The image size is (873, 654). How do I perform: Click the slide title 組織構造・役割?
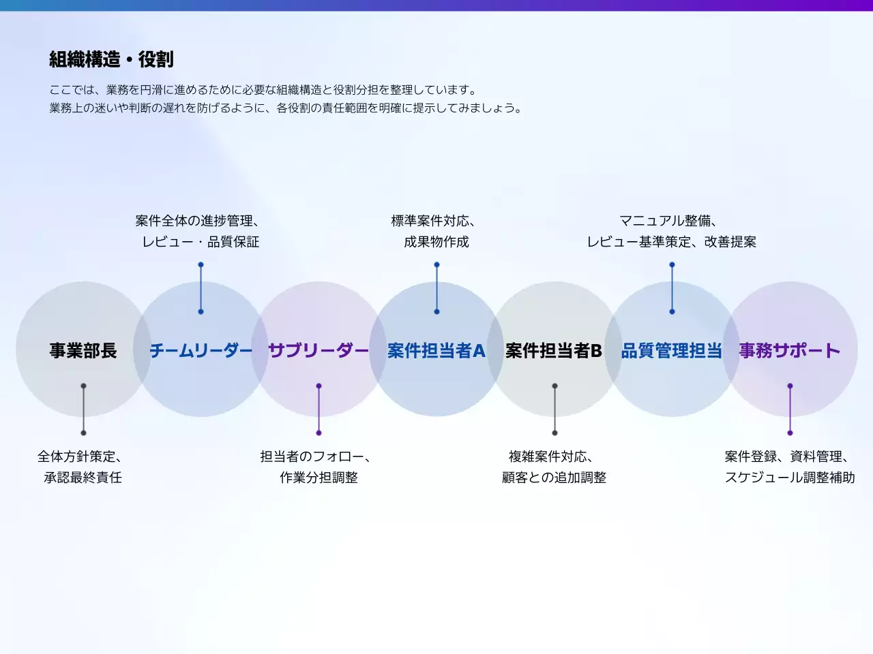coord(111,60)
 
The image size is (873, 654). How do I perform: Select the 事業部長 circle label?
coord(83,351)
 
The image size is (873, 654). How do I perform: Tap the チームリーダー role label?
coord(201,351)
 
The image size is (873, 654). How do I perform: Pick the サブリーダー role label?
coord(319,351)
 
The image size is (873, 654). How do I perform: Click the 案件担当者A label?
coord(436,351)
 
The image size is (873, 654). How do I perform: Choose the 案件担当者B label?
coord(554,351)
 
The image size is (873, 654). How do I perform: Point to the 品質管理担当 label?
coord(672,351)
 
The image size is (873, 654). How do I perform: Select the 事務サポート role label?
coord(790,351)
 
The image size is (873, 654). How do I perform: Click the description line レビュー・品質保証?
coord(201,242)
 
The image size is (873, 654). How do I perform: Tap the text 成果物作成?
coord(436,242)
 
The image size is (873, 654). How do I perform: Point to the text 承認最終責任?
coord(83,478)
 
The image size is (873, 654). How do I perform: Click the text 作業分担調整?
coord(319,478)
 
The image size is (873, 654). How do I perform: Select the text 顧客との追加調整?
coord(554,478)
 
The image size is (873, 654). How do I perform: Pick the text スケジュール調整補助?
coord(790,478)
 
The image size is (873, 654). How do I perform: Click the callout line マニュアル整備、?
coord(668,221)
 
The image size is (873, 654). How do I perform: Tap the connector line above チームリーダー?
coord(201,288)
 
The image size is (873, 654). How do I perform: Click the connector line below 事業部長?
coord(83,409)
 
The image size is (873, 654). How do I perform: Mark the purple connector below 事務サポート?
coord(790,409)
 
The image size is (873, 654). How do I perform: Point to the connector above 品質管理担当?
coord(672,288)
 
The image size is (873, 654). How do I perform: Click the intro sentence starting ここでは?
coord(264,90)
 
